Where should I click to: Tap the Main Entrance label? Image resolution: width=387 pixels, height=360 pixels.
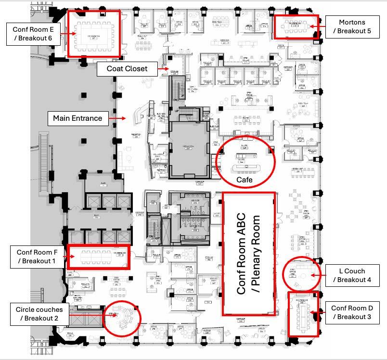[77, 118]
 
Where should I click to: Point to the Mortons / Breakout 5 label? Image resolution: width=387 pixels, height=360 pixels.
[352, 27]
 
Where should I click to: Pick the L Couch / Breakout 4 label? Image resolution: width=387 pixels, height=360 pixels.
[352, 275]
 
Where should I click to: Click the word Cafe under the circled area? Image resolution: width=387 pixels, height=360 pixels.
[245, 180]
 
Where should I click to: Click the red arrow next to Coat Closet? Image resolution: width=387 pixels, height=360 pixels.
[165, 68]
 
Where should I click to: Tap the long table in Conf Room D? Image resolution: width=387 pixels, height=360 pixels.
[304, 316]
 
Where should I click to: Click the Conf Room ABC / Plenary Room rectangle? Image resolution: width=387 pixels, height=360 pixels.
[249, 254]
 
